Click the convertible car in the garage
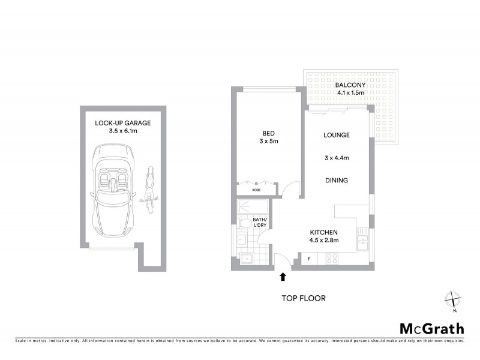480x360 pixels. tap(113, 193)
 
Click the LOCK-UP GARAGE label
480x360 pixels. tap(122, 123)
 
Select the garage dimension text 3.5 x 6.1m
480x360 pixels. tap(122, 131)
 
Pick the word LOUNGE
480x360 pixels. tap(336, 135)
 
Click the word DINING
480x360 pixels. tap(336, 180)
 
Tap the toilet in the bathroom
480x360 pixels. tap(244, 223)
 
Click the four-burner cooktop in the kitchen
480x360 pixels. tap(331, 259)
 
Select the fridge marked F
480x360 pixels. tap(309, 259)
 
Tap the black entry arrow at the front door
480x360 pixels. tap(282, 277)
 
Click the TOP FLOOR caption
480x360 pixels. tap(304, 298)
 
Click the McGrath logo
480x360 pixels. tap(431, 328)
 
